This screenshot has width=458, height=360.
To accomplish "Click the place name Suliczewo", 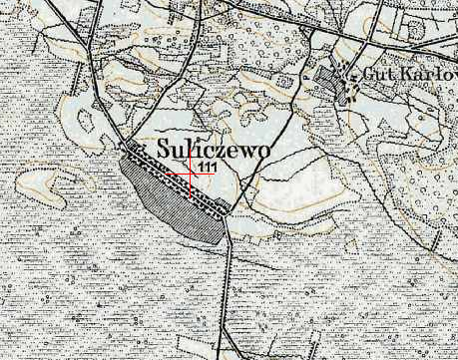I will pyautogui.click(x=215, y=147).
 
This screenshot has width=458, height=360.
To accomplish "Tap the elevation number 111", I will pyautogui.click(x=209, y=166).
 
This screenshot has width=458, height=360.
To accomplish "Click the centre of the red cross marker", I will pyautogui.click(x=191, y=173).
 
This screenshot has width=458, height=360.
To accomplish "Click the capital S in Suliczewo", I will pyautogui.click(x=164, y=147).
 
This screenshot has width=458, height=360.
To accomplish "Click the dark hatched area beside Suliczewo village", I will pyautogui.click(x=170, y=199).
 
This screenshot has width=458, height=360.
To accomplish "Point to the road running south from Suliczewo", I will pyautogui.click(x=229, y=289).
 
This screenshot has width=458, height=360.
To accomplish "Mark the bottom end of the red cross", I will pyautogui.click(x=191, y=196).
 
